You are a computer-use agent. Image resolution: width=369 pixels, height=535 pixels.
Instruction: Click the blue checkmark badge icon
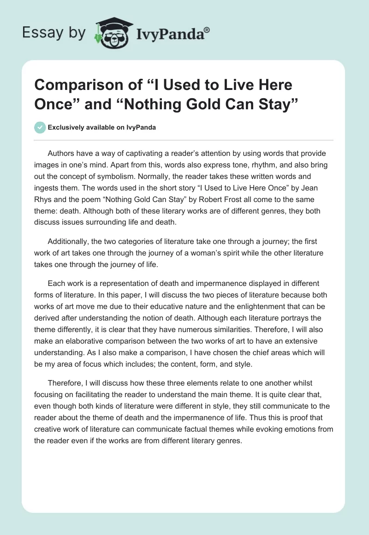pyautogui.click(x=40, y=127)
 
